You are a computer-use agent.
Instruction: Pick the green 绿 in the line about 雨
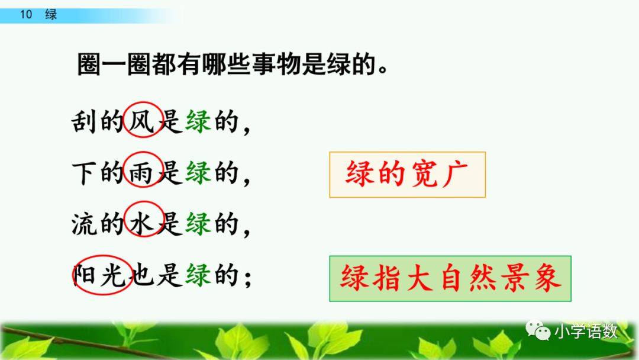[198, 172]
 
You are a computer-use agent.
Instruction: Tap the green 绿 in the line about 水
[198, 223]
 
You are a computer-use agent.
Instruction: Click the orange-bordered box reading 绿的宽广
[407, 174]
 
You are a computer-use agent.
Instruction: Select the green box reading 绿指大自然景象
[450, 278]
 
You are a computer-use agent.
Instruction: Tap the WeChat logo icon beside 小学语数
[537, 331]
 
